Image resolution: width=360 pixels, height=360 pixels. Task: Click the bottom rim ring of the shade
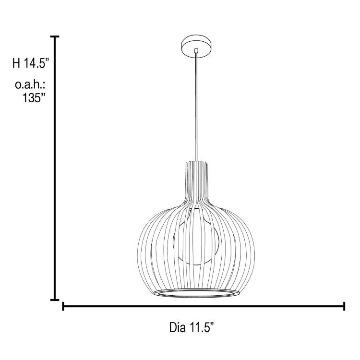tap(196, 293)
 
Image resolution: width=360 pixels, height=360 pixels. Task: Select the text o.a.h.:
tap(30, 85)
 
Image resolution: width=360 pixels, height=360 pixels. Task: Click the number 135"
tap(35, 98)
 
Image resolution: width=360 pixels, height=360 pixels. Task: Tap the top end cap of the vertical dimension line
tap(55, 36)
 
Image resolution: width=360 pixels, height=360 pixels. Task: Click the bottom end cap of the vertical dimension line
tap(55, 300)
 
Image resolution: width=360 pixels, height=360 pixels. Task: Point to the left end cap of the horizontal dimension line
tap(63, 306)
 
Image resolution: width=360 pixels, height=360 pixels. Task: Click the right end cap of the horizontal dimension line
tap(344, 306)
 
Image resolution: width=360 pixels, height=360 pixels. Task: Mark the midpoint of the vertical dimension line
tap(55, 168)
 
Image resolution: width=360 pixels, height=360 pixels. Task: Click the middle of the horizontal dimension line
tap(204, 306)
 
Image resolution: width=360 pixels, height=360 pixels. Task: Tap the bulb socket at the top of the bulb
tap(196, 211)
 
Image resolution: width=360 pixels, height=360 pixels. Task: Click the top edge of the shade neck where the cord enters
tap(196, 162)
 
